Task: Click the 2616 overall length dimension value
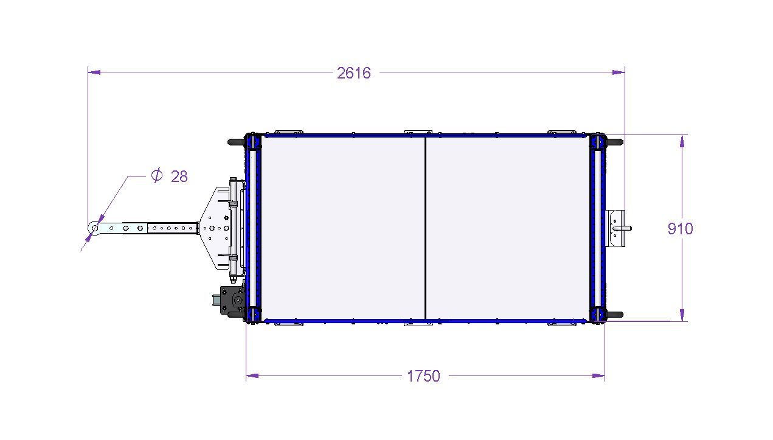coord(354,73)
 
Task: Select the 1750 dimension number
coord(423,376)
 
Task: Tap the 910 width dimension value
coord(680,229)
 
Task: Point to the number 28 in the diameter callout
coord(179,176)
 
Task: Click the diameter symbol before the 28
coord(157,175)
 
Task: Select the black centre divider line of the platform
coord(425,228)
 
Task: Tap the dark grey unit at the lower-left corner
coord(231,300)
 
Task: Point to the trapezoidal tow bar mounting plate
coord(215,228)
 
